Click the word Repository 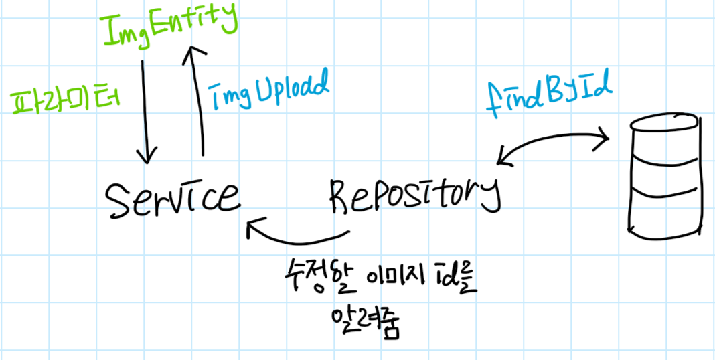click(414, 193)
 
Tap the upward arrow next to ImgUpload click(195, 100)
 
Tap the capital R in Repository click(341, 193)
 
